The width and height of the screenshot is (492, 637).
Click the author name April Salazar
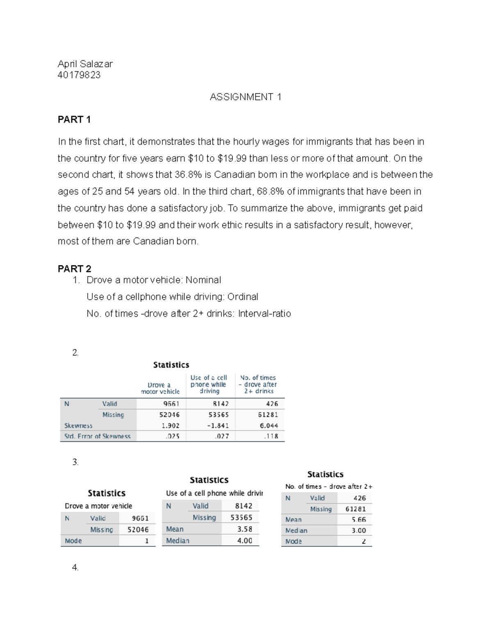click(85, 64)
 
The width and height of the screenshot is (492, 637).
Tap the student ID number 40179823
click(79, 75)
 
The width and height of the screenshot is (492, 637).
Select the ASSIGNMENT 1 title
click(245, 97)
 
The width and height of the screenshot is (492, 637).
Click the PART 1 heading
click(74, 120)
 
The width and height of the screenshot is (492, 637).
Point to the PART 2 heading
click(75, 269)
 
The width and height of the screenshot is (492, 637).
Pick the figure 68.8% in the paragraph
click(270, 192)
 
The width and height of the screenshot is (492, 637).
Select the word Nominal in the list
click(203, 280)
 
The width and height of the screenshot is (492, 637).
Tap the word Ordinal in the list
click(243, 297)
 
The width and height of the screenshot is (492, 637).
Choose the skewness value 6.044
click(269, 426)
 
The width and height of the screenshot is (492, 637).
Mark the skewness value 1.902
click(171, 426)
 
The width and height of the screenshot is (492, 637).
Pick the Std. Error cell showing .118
click(271, 436)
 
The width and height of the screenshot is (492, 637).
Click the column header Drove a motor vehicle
click(160, 388)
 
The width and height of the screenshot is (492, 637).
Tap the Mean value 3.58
click(245, 530)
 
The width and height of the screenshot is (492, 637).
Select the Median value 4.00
click(245, 541)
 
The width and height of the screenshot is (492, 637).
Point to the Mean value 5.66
click(359, 520)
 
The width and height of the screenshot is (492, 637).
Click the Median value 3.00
click(359, 531)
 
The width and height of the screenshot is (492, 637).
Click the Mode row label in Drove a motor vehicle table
click(73, 541)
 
